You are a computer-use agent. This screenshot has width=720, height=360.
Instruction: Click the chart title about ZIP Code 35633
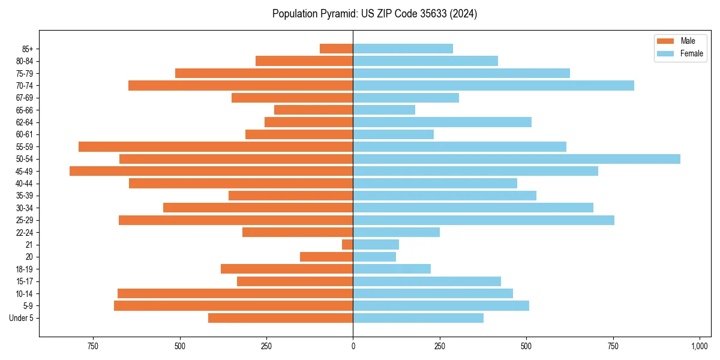(x=374, y=14)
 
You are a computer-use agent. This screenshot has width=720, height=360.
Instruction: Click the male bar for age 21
(x=347, y=245)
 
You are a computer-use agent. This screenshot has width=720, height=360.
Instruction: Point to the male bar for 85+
(x=336, y=49)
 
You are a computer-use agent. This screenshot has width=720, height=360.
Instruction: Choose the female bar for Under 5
(x=418, y=318)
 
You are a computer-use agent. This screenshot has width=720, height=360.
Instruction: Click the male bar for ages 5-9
(x=233, y=306)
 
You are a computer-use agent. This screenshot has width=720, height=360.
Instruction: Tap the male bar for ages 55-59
(x=215, y=146)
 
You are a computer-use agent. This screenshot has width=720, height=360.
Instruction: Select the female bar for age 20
(x=374, y=257)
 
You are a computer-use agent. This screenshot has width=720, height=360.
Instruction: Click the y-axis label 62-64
(x=25, y=122)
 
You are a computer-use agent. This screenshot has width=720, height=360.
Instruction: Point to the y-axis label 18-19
(x=25, y=269)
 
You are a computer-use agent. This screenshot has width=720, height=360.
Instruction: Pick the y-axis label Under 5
(x=22, y=318)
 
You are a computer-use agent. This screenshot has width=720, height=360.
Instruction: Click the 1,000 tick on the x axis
(x=700, y=346)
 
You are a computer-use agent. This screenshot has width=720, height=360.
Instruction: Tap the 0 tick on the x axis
(x=353, y=346)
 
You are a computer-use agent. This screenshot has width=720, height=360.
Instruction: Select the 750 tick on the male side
(x=92, y=346)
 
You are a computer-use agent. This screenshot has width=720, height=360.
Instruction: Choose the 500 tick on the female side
(x=526, y=346)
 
